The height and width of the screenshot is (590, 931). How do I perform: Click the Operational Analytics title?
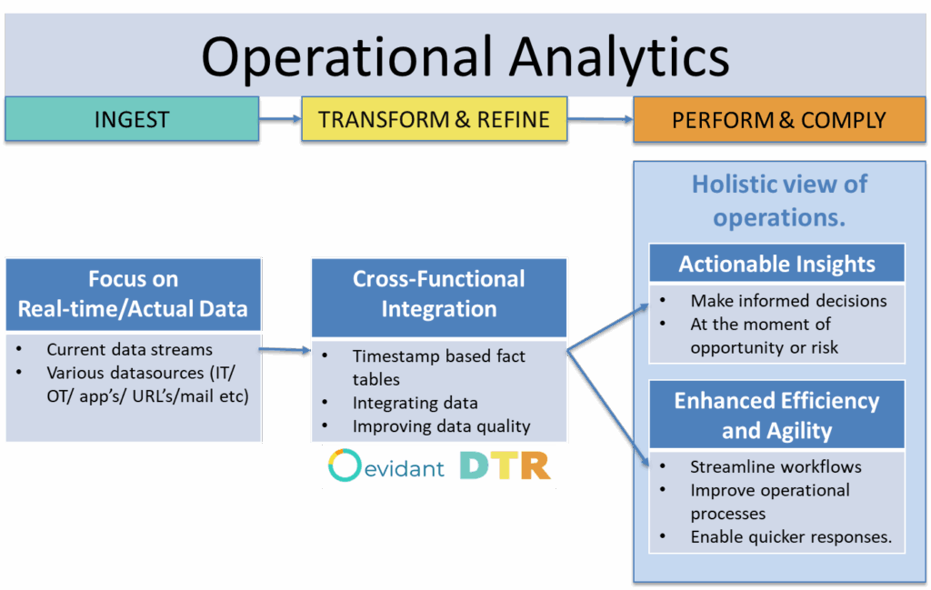[x=465, y=56]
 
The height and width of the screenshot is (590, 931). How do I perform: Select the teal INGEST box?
[x=132, y=119]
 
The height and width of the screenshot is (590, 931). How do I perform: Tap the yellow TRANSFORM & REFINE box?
[x=435, y=119]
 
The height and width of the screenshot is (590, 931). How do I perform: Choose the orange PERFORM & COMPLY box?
[x=778, y=119]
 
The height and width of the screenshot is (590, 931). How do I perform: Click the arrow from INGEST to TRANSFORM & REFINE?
[x=280, y=118]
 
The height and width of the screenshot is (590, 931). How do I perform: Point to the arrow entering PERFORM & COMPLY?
[x=600, y=119]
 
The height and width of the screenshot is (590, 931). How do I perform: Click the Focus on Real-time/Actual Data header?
[x=133, y=294]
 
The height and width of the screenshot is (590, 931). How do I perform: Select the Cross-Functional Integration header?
[x=439, y=294]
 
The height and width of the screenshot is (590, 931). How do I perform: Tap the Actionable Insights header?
[x=777, y=265]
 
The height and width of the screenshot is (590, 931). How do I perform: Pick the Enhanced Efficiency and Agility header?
[x=777, y=415]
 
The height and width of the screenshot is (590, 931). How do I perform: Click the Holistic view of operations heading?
[x=779, y=201]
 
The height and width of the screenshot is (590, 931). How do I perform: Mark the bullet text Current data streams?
[x=129, y=349]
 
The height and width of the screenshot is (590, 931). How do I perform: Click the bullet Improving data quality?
[x=441, y=426]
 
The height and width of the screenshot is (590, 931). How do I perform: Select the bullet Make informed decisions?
[x=788, y=301]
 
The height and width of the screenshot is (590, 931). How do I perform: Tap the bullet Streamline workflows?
[x=776, y=467]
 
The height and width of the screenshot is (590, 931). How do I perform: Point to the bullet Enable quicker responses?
[x=790, y=537]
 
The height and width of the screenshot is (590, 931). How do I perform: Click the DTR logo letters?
[x=506, y=465]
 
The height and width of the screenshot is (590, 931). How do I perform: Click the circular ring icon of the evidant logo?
[x=346, y=466]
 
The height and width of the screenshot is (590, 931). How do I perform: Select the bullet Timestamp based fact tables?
[x=438, y=367]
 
